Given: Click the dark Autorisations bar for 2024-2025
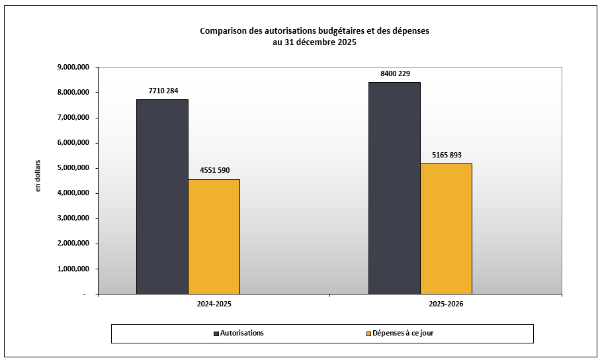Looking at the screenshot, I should (162, 197).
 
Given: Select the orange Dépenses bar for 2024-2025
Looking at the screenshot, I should (214, 236).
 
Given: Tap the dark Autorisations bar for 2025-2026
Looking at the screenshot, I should (394, 188).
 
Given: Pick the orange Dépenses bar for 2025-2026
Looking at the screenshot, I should (446, 228).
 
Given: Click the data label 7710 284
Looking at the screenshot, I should (162, 91).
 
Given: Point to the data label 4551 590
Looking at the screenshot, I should (214, 170).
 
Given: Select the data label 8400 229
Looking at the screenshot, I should (394, 73).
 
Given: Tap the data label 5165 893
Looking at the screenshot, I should (446, 155).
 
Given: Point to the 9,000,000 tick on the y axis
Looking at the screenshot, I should (73, 67).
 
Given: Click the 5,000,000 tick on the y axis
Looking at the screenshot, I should (73, 168).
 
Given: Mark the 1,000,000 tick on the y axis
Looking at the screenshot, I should (73, 269).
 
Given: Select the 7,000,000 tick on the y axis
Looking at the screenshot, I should (73, 118).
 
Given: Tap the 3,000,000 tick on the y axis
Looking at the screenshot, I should (73, 218).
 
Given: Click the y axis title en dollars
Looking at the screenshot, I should (38, 177).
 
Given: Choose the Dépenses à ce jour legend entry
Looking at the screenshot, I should (402, 333).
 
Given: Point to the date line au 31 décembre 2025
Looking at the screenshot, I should (314, 42).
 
